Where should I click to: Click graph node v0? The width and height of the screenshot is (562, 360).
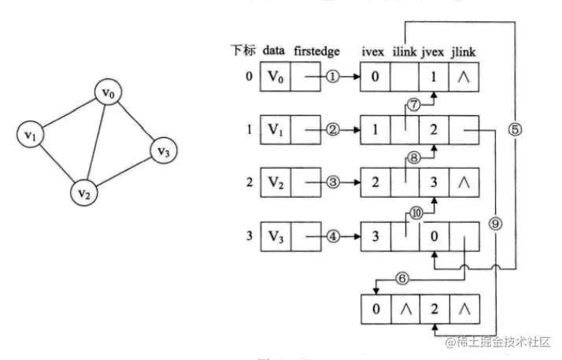(109, 94)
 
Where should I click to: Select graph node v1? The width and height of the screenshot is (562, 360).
(31, 135)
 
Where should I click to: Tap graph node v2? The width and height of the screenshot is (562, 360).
(84, 191)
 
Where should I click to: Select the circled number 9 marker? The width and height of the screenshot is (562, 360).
(494, 223)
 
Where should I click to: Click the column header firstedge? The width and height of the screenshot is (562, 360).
(316, 51)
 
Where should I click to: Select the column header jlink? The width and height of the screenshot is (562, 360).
(462, 51)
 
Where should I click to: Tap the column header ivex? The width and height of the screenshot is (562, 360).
(373, 51)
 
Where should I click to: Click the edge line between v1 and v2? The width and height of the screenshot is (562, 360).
(57, 162)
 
